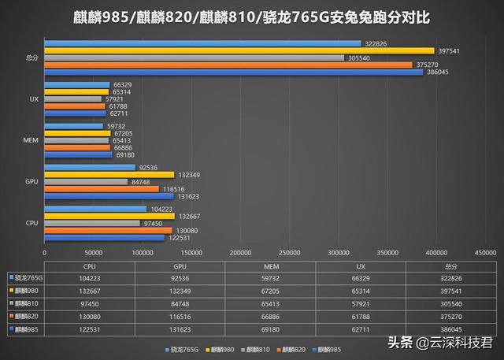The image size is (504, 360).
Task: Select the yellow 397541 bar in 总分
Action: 239,50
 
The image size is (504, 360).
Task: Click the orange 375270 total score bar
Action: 228,65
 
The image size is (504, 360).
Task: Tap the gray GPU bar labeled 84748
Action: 86,182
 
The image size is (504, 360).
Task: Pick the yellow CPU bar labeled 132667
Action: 109,216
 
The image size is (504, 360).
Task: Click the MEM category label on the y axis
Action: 30,140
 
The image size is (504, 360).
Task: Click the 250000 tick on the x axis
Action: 289,253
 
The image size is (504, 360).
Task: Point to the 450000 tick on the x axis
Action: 485,253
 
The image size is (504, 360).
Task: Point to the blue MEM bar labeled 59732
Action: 74,126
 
